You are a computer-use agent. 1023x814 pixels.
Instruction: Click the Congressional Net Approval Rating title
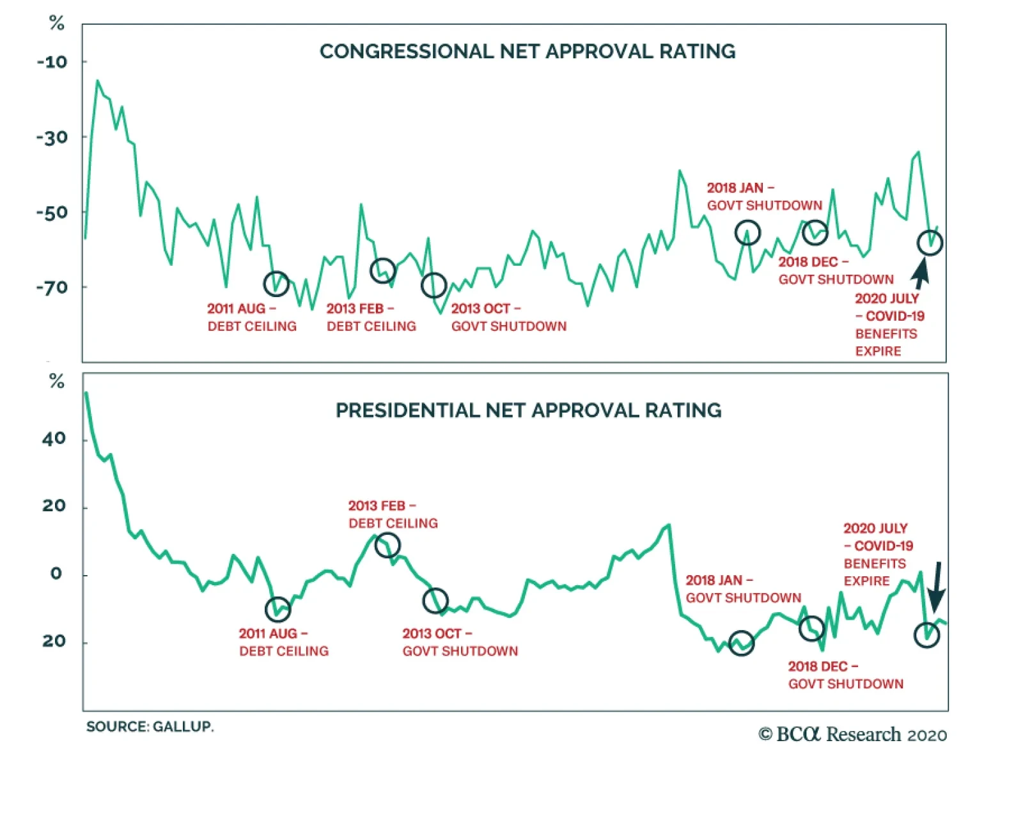(527, 51)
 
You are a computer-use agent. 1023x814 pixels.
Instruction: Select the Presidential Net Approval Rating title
(528, 410)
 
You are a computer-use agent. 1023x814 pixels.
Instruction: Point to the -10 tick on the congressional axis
(52, 62)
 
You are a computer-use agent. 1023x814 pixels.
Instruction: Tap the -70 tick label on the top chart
(52, 288)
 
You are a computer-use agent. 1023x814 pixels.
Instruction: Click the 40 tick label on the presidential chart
(54, 439)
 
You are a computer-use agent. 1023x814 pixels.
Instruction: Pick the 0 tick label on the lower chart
(56, 574)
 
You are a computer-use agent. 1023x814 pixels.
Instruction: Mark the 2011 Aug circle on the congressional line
(276, 283)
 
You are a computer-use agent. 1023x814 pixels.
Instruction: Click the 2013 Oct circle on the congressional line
(433, 285)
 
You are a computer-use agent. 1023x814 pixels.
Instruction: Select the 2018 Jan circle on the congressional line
(747, 233)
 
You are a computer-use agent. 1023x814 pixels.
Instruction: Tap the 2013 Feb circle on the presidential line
(387, 545)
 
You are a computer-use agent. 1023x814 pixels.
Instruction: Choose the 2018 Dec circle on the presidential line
(811, 629)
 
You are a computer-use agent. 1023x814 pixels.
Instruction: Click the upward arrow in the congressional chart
(921, 273)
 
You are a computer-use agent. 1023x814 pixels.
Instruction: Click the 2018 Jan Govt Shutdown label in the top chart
(764, 197)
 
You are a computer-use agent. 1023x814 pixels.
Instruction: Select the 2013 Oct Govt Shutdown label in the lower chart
(460, 642)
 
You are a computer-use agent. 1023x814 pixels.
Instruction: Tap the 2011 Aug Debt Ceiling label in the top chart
(252, 317)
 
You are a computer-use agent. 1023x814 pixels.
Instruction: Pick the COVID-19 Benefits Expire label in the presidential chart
(878, 555)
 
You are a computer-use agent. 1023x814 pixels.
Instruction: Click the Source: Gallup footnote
(150, 726)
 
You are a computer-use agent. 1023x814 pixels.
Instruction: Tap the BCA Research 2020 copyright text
(852, 735)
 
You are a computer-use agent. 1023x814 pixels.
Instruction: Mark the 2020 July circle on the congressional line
(929, 243)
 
